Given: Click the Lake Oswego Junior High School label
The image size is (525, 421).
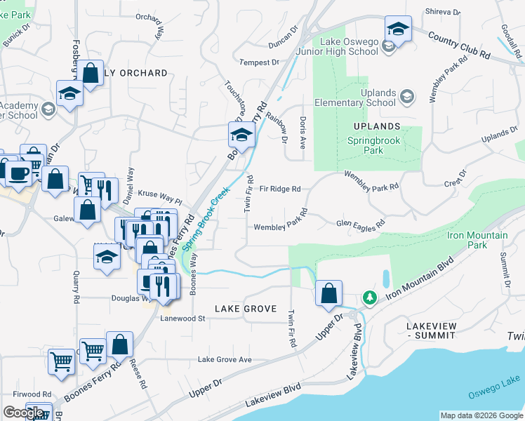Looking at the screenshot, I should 349,46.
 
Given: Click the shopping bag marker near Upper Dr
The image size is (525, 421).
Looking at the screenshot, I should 328,293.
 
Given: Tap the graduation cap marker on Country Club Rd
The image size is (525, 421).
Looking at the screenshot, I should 398,30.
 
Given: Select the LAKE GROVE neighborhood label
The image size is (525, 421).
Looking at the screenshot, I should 245,309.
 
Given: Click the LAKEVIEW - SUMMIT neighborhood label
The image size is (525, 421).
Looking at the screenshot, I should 431,332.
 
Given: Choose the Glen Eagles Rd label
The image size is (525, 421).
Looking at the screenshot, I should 361,224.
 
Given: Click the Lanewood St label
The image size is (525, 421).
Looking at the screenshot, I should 181,318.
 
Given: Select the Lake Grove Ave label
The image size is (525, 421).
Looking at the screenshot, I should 225,359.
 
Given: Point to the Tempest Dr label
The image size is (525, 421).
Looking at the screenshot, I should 260,62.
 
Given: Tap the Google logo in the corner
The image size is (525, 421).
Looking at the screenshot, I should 23,413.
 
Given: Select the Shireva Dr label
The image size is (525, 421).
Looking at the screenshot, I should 442,12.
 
